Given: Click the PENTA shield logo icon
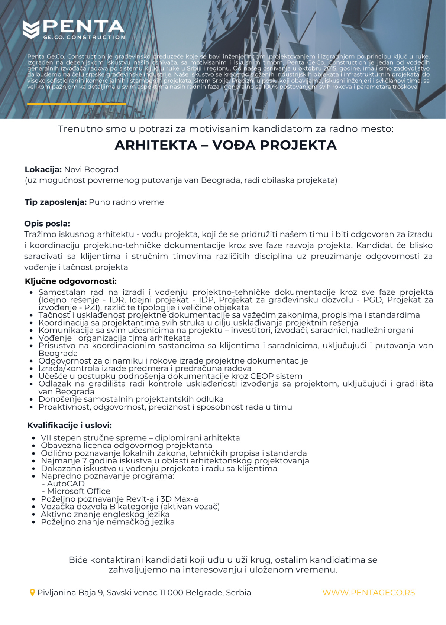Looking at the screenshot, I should pos(31,29).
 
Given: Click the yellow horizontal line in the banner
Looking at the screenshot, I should pos(77,104).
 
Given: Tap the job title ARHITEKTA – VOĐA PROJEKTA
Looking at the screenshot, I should pos(226,145).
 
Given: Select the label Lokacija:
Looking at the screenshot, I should pos(43,170).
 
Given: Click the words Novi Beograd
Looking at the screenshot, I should pos(91,170).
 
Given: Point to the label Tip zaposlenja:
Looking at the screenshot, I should pos(56,202).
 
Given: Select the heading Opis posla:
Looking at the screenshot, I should pos(47,224).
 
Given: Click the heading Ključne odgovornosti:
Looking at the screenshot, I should pos(71,281).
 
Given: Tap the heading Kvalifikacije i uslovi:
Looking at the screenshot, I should pos(70,425).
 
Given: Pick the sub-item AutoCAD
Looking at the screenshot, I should pos(66,484).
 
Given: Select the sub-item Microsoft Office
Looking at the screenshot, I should pos(79,491).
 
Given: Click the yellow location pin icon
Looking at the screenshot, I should pos(32,593).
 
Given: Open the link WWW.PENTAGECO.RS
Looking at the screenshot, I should pos(369,593).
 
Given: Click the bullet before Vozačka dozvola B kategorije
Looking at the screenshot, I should pos(34,507).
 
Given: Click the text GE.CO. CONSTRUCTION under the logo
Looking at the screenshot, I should pos(84,37).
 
